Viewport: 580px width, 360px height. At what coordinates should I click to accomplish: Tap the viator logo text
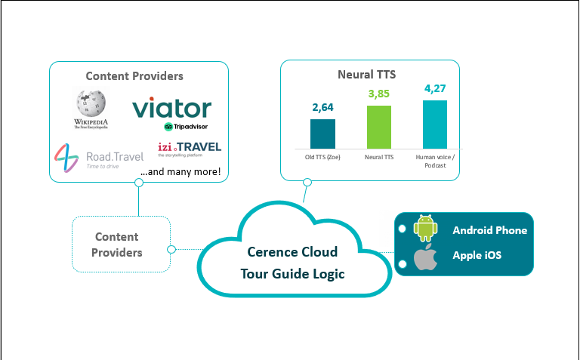pos(172,108)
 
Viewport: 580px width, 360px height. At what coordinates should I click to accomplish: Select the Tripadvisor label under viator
pos(186,126)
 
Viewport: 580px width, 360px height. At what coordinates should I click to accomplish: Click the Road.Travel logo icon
pos(66,158)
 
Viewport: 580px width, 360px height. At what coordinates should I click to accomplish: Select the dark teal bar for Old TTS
pos(322,134)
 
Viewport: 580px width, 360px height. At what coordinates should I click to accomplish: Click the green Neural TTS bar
pos(379,127)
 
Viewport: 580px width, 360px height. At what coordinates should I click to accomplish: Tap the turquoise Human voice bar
pos(434,124)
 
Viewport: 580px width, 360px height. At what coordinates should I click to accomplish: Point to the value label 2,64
pos(322,107)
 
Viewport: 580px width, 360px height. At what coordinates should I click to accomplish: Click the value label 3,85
pos(379,94)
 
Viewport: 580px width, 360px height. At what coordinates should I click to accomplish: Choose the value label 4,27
pos(435,88)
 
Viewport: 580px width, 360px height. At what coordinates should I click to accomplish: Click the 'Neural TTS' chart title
pos(366,75)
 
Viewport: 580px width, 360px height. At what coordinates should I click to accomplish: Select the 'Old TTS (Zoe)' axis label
pos(322,157)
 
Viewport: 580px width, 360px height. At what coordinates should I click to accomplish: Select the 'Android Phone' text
pos(489,230)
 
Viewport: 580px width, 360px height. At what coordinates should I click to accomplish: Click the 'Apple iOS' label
pos(477,255)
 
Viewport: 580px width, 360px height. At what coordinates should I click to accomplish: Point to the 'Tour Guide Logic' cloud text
pos(292,273)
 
